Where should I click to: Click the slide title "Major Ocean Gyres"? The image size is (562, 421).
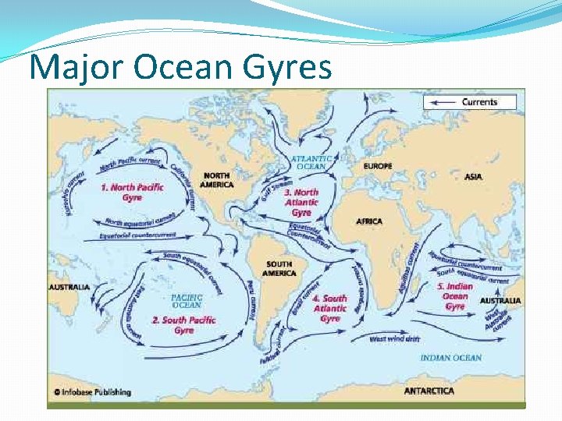180,68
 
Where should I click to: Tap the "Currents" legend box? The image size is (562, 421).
471,101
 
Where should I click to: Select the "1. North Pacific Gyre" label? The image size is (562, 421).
133,193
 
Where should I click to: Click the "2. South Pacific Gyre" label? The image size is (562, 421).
183,325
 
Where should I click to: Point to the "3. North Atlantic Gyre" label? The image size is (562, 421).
301,202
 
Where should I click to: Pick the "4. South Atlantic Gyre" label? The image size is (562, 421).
329,308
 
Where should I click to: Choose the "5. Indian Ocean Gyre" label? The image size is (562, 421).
455,296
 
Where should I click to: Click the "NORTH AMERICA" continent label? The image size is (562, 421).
216,179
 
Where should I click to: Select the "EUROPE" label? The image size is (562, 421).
378,166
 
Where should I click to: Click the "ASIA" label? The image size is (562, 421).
473,177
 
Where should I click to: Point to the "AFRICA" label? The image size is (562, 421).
369,221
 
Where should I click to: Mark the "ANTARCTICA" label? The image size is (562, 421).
429,391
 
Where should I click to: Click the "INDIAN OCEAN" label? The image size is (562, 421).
450,358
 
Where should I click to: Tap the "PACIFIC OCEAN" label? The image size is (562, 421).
187,301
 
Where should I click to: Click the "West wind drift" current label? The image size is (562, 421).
394,339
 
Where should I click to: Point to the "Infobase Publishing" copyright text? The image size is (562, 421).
92,392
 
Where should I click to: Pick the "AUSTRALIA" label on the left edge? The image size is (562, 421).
69,287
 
